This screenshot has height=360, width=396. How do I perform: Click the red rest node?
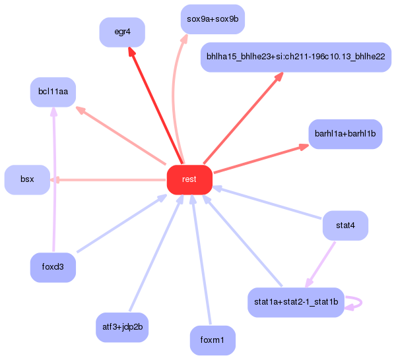(x=189, y=179)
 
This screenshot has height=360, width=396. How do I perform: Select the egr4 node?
(x=122, y=32)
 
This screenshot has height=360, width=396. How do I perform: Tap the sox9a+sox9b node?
(x=213, y=19)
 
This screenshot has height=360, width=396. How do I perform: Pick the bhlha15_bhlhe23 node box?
(x=295, y=57)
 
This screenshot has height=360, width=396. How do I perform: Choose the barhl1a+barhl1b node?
(x=345, y=134)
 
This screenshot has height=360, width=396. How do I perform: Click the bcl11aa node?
(x=53, y=92)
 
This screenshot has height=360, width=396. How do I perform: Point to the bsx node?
(x=27, y=179)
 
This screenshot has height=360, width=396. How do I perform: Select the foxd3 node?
(x=53, y=268)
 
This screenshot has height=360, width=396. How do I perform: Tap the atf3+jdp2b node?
(x=122, y=327)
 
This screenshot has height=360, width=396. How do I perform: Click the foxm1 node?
(x=213, y=340)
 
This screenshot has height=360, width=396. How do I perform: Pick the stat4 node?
(x=345, y=226)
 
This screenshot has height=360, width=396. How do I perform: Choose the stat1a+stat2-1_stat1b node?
(x=295, y=303)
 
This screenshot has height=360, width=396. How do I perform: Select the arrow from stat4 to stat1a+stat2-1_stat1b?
(x=321, y=264)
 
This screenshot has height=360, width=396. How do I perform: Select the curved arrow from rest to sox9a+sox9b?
(x=174, y=92)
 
